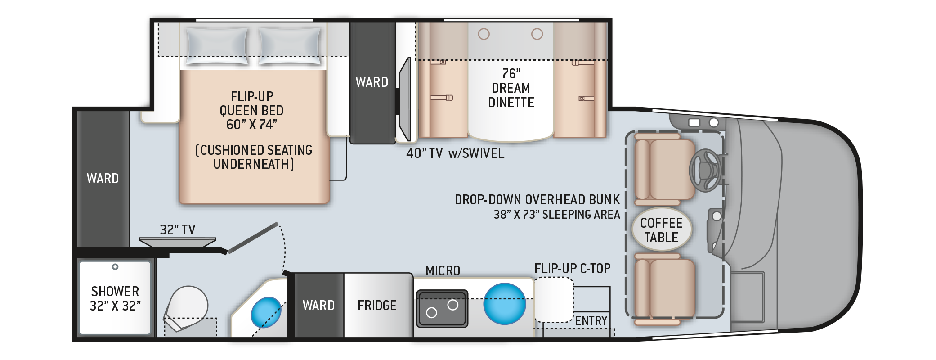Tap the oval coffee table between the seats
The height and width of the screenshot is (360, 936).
[x=662, y=229]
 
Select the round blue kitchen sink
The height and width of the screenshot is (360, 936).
[x=505, y=303]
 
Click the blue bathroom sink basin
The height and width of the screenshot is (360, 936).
[x=266, y=312]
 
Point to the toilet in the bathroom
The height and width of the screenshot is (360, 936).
[x=185, y=308]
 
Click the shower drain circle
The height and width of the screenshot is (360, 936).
[x=115, y=267]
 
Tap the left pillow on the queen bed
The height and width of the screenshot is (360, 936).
[x=217, y=46]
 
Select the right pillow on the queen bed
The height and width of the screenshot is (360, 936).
[x=290, y=46]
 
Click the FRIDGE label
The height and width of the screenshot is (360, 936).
[x=377, y=306]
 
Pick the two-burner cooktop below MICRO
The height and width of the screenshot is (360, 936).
[x=442, y=308]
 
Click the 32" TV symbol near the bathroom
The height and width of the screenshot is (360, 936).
[x=177, y=243]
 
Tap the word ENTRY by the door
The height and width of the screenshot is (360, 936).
[x=591, y=320]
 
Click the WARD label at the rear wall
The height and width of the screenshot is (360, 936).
[x=103, y=179]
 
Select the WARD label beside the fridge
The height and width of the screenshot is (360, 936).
[x=318, y=306]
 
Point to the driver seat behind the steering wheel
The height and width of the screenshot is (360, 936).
[x=665, y=170]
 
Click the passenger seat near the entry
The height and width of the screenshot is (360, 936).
[x=665, y=289]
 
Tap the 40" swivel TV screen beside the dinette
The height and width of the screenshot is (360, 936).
[x=405, y=99]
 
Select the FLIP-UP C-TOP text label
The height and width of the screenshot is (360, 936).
[x=573, y=269]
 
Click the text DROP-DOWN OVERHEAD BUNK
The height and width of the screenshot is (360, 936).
[x=537, y=200]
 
